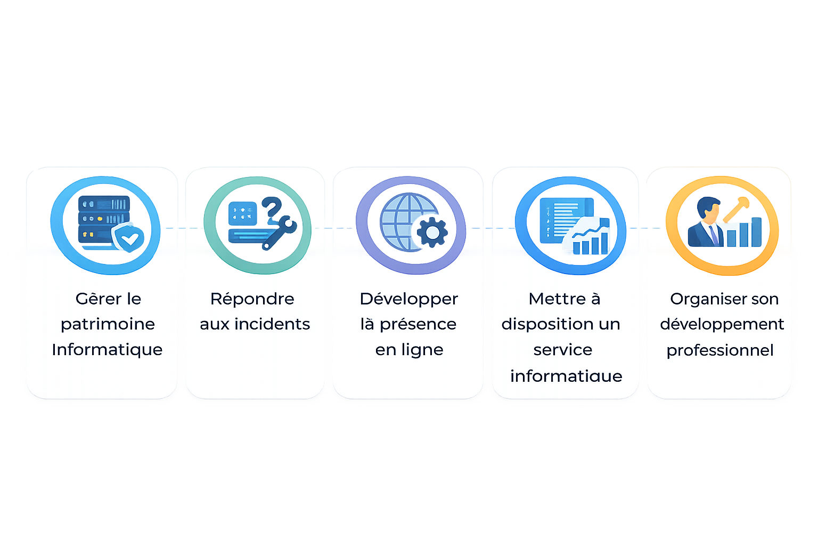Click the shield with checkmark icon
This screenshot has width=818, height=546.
coord(128,238)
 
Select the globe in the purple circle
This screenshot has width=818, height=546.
coord(405,221)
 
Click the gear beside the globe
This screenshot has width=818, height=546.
coord(432,232)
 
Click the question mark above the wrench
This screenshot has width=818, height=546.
coord(272,206)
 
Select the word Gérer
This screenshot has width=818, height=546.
coord(94,299)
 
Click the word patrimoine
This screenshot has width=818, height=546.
coord(108,324)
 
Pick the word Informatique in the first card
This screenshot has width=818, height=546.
coord(107,350)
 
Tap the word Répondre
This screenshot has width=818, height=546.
coord(252,299)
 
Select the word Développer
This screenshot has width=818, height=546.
coord(408,299)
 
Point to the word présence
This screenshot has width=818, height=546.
coord(418,324)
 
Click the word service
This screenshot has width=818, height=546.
coord(563,350)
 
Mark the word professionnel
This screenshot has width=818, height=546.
coord(720,350)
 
